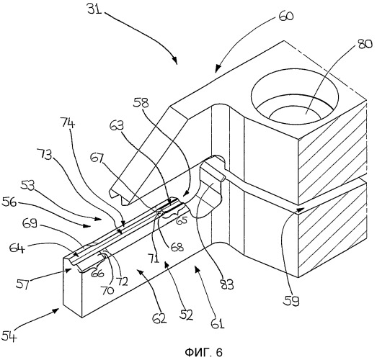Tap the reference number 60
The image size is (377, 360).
tap(286, 16)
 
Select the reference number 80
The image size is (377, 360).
tap(365, 44)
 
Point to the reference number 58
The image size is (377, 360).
tap(141, 102)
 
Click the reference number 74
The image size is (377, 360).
tap(68, 122)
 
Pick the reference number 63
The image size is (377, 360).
tap(117, 125)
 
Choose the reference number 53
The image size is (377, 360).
tap(27, 186)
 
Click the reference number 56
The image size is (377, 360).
tap(9, 202)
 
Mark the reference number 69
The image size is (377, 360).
tap(30, 223)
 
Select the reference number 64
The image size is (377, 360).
tap(17, 248)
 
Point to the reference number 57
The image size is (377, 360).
tap(23, 284)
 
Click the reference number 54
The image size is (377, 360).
tap(9, 336)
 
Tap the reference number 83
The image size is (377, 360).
tap(226, 285)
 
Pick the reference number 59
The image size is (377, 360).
tap(291, 300)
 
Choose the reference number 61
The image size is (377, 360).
tap(218, 323)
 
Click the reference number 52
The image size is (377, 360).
tap(186, 315)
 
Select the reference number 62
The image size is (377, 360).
tap(159, 318)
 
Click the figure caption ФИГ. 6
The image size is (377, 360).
tap(204, 352)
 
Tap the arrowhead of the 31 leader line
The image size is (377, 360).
tap(175, 61)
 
